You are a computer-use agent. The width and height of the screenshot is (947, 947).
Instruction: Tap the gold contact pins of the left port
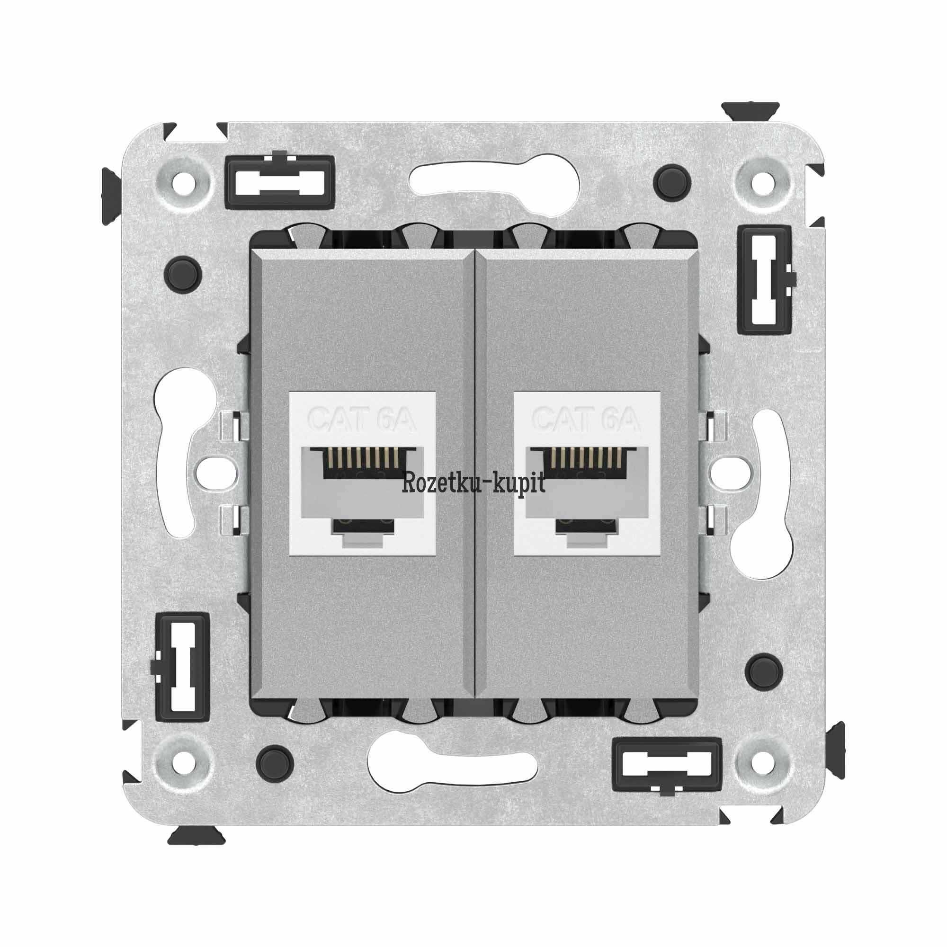point(362,457)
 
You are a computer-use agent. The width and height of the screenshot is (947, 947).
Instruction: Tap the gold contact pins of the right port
point(587,457)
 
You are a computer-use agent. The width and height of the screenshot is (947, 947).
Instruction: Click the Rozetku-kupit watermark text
point(473,484)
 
